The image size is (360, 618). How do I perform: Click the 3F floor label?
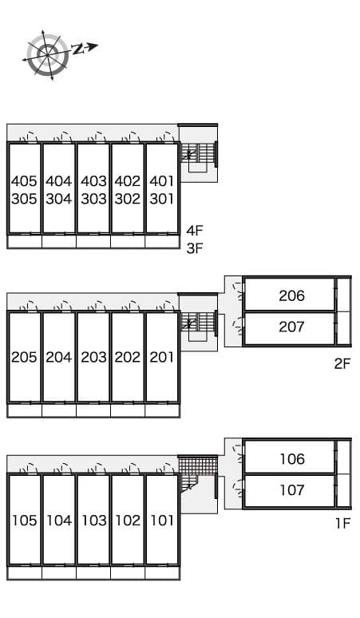196,248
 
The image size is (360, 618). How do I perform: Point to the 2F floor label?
342,364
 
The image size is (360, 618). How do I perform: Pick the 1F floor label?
342,524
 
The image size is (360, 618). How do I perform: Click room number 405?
25,181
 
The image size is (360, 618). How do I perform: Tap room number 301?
162,199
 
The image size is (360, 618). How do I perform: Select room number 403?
93,181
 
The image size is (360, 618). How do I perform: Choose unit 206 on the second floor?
291,296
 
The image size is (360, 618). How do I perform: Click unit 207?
291,327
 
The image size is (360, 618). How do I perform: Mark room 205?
25,358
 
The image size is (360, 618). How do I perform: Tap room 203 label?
93,358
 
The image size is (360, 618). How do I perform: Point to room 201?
162,358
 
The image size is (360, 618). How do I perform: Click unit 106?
291,459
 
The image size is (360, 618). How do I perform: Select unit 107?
291,490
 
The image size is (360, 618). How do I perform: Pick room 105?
25,521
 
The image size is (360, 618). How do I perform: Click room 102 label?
128,521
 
